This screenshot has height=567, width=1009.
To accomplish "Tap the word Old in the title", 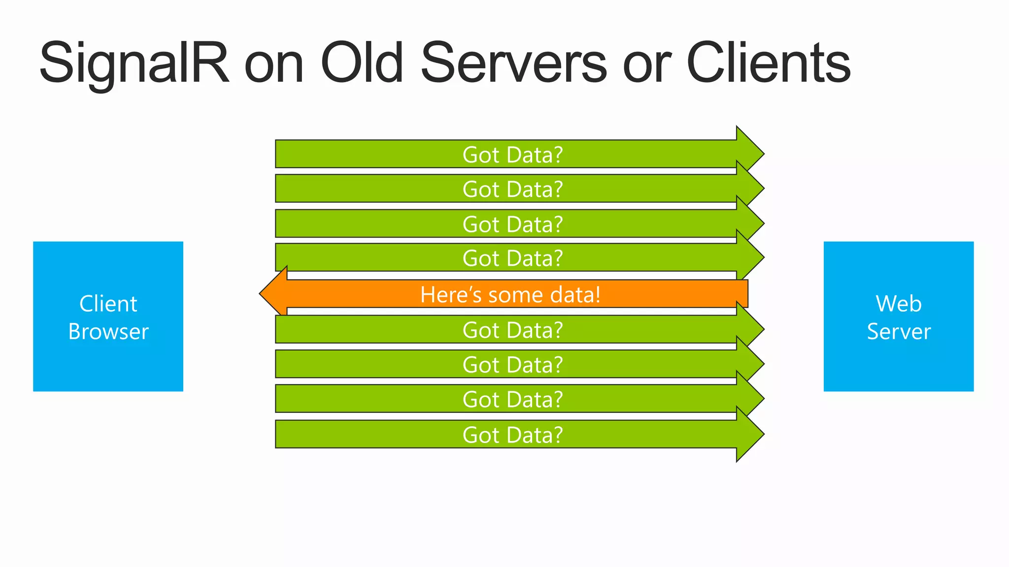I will pyautogui.click(x=362, y=63).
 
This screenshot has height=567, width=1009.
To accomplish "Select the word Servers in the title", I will pyautogui.click(x=513, y=63).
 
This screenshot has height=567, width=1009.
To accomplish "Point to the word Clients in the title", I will pyautogui.click(x=768, y=63).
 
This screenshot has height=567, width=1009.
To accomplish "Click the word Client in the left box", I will pyautogui.click(x=108, y=304).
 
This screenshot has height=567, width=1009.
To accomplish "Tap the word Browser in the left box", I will pyautogui.click(x=108, y=332).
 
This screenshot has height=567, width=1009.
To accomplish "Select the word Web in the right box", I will pyautogui.click(x=898, y=304).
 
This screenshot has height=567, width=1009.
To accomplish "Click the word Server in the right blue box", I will pyautogui.click(x=898, y=332).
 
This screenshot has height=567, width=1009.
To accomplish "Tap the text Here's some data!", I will pyautogui.click(x=510, y=295).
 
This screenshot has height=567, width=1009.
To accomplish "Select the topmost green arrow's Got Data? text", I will pyautogui.click(x=512, y=155).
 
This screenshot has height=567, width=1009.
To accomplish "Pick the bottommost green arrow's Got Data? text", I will pyautogui.click(x=512, y=435).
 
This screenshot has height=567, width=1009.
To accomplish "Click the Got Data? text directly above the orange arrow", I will pyautogui.click(x=512, y=258).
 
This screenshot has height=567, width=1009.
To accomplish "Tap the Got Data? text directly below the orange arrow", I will pyautogui.click(x=512, y=330).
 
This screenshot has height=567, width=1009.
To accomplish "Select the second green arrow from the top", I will pyautogui.click(x=394, y=189).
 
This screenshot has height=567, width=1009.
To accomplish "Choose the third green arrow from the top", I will pyautogui.click(x=394, y=224).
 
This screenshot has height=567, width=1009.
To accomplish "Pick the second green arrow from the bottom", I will pyautogui.click(x=394, y=399).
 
